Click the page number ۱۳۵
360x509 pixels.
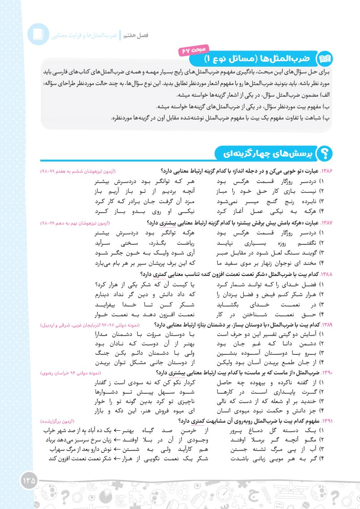30,479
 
